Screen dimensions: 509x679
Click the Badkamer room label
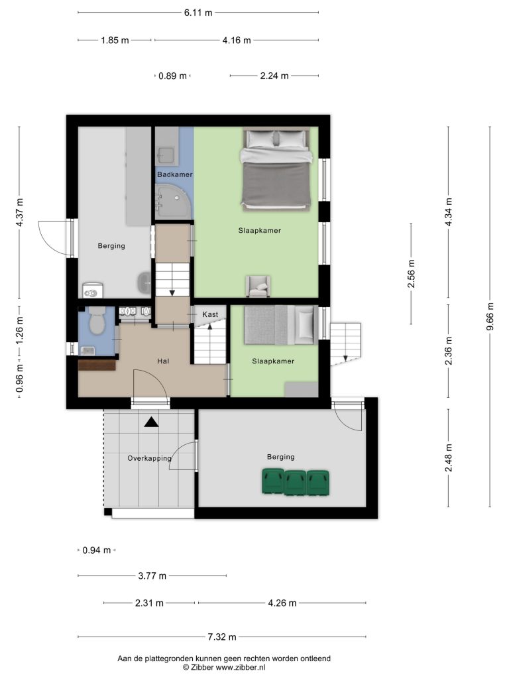click(x=174, y=174)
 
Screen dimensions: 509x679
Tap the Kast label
click(x=210, y=314)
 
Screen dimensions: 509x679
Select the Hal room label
click(x=163, y=361)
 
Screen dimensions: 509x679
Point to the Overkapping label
click(x=149, y=458)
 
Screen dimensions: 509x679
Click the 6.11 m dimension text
click(x=198, y=13)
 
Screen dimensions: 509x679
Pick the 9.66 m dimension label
click(x=490, y=316)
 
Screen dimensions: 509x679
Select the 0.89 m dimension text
click(x=172, y=76)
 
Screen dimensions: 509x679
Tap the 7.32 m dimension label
click(x=222, y=637)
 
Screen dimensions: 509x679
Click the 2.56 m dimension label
click(x=411, y=274)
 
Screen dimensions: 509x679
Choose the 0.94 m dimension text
click(x=97, y=550)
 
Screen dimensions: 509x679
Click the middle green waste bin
click(x=295, y=483)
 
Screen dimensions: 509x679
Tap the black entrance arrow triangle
click(x=151, y=422)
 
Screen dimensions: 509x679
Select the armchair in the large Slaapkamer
click(x=258, y=286)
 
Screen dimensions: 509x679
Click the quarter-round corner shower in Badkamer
click(x=173, y=201)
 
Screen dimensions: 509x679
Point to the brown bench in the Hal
click(x=97, y=365)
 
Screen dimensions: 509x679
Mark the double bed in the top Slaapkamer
click(x=276, y=169)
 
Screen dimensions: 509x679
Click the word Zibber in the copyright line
click(x=201, y=667)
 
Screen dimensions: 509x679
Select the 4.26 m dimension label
click(x=282, y=603)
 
